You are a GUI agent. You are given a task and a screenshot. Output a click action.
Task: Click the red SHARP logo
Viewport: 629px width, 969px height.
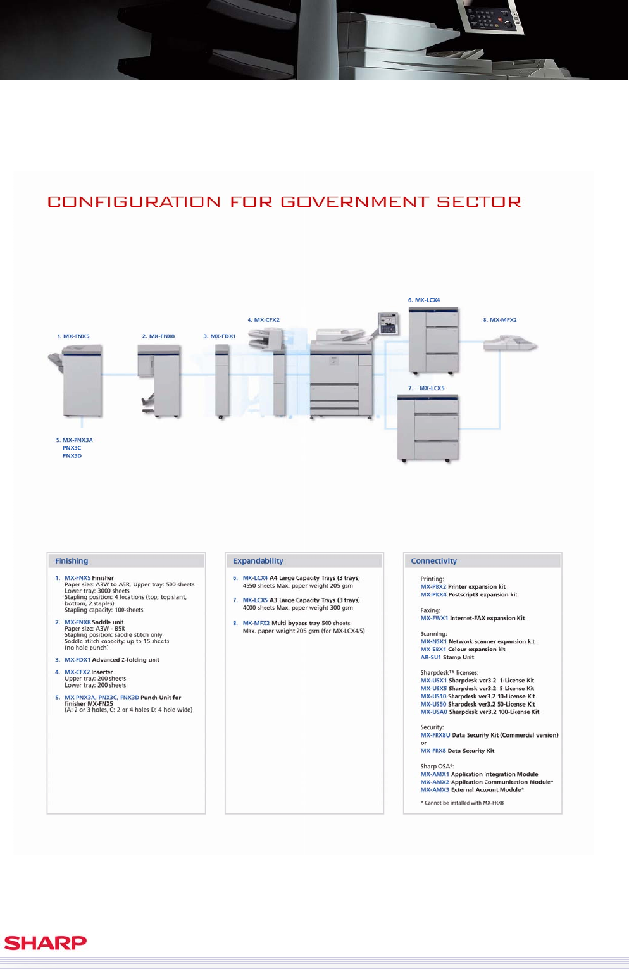click(x=46, y=942)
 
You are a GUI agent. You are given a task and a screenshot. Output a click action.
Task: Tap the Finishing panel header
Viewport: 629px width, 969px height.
click(x=72, y=561)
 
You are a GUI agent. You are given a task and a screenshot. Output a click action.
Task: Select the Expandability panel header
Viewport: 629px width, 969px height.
click(x=258, y=561)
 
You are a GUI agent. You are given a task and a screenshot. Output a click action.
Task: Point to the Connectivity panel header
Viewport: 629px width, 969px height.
click(x=433, y=561)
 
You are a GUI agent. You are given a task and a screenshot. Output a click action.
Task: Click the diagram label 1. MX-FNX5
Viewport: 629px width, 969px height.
click(x=73, y=336)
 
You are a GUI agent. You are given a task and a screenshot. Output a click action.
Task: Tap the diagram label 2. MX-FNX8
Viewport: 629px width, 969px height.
click(x=158, y=336)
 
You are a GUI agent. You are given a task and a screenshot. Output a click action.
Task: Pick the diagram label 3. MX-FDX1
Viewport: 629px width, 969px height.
click(x=220, y=336)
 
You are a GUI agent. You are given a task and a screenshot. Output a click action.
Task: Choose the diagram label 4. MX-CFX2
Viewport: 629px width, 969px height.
click(x=264, y=320)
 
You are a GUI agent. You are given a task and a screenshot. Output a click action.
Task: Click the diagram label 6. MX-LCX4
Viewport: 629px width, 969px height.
click(x=424, y=300)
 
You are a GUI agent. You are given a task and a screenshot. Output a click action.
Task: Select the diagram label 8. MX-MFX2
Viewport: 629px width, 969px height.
click(x=500, y=320)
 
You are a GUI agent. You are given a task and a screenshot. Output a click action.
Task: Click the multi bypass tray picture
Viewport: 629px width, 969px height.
click(x=509, y=345)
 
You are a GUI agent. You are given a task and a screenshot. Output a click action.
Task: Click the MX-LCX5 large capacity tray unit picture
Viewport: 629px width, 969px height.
click(x=428, y=428)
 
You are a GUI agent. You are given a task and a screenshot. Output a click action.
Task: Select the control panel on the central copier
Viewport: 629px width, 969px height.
click(x=388, y=324)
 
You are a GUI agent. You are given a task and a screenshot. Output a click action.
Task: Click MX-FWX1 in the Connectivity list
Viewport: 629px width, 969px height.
click(x=434, y=619)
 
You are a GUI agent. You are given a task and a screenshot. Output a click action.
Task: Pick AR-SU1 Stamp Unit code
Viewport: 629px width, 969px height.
click(x=431, y=657)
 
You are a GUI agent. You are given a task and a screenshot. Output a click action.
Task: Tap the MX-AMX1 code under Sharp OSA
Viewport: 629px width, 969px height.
click(x=435, y=774)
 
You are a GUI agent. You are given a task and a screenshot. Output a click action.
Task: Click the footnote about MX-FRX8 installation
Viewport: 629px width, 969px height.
click(x=463, y=803)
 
